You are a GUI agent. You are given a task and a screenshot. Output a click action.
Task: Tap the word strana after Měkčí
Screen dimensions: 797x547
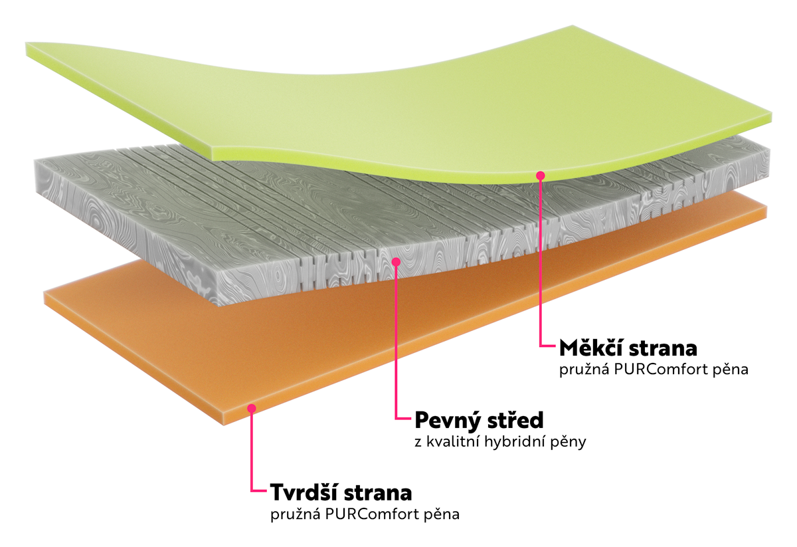pos(660,348)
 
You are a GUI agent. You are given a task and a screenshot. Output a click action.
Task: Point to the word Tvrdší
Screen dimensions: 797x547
pos(302,492)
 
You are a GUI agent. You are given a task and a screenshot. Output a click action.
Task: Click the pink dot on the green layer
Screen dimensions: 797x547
pos(541,175)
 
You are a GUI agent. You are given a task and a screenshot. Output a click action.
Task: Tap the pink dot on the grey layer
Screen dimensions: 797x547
pos(396,262)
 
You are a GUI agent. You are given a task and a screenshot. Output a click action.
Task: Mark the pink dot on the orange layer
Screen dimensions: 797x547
pos(252,408)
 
